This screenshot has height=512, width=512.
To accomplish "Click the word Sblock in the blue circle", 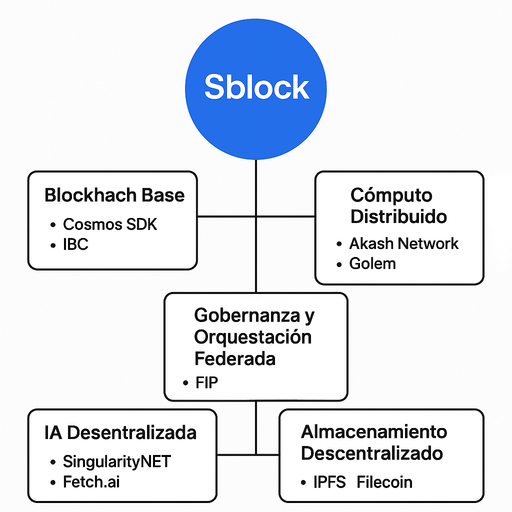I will [x=256, y=87].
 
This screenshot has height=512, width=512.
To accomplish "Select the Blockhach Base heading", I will [x=114, y=195].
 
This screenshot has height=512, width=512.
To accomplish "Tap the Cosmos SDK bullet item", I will [x=109, y=224].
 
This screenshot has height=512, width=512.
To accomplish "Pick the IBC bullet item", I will [x=75, y=245].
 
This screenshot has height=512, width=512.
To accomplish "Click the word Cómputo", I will [x=391, y=195].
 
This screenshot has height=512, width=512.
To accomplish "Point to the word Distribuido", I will [x=398, y=217].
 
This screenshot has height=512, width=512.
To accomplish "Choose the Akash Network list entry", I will [x=403, y=243].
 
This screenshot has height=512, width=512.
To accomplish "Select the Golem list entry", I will [x=372, y=263].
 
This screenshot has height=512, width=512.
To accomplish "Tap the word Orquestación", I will [x=252, y=337].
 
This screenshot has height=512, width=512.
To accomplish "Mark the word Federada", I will [x=234, y=358].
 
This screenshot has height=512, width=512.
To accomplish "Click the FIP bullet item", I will [x=207, y=383].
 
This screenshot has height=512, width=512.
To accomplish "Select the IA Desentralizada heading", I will [x=120, y=433].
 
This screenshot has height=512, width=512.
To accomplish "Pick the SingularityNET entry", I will [x=116, y=461].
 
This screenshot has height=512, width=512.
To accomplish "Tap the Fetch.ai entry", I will [x=91, y=482].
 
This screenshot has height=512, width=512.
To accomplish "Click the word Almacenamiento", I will [x=374, y=431].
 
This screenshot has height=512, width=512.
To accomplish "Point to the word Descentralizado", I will [x=371, y=453].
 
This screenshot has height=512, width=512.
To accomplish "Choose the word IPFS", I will [x=329, y=482].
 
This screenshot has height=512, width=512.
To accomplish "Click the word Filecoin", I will [x=384, y=482].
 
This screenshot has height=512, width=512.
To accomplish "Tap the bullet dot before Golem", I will [x=339, y=264].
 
